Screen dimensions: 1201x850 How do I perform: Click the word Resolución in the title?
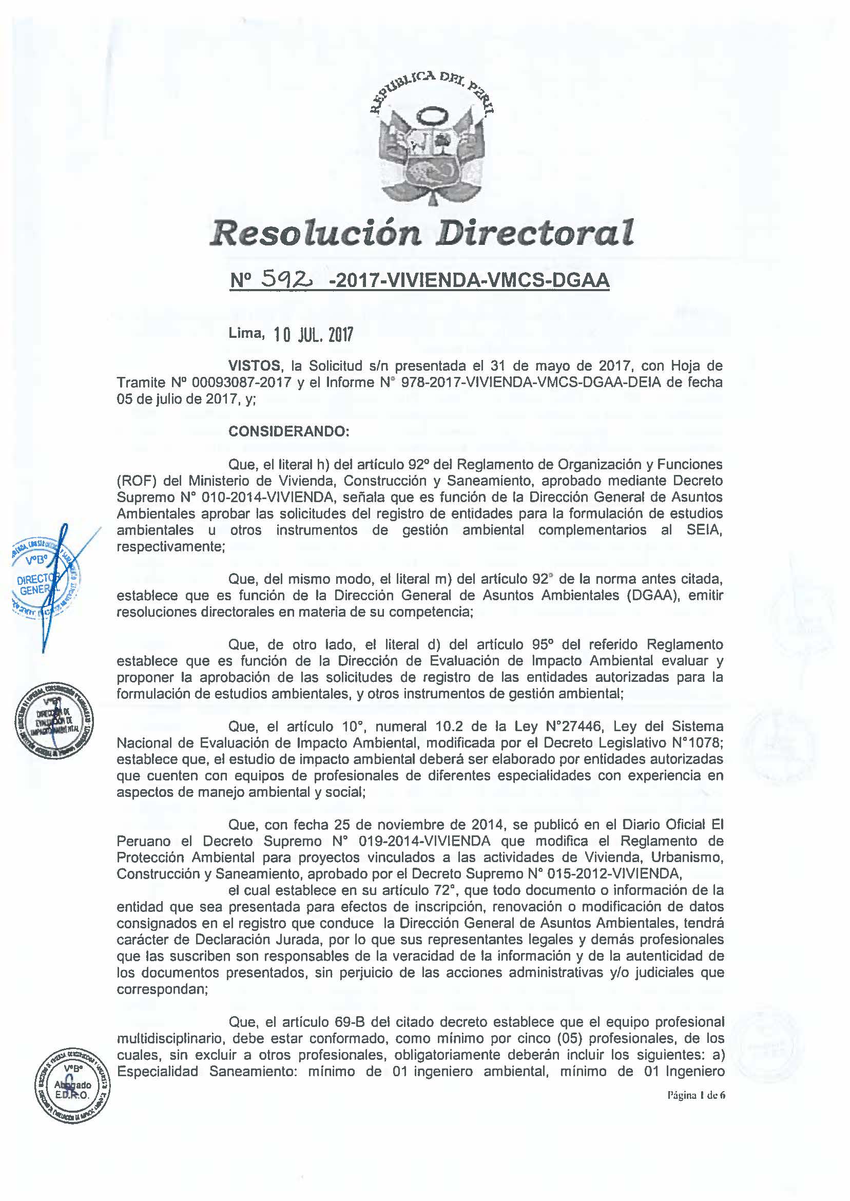tap(315, 233)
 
